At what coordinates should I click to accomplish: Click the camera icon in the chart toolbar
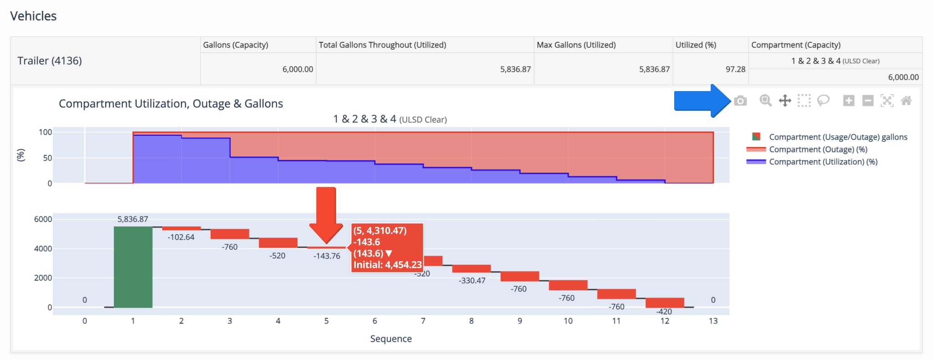(x=740, y=101)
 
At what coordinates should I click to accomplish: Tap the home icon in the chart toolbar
(x=906, y=101)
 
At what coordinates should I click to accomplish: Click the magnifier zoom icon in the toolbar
(x=765, y=101)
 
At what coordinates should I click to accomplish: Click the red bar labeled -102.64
(x=181, y=228)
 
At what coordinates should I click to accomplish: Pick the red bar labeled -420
(x=665, y=303)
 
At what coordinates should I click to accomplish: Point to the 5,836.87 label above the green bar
(x=133, y=219)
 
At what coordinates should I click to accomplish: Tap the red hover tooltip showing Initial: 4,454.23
(x=387, y=247)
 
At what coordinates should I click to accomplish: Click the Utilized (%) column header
(x=696, y=45)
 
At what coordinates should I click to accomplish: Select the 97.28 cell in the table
(x=735, y=69)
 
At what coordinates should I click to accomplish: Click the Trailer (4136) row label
(x=50, y=61)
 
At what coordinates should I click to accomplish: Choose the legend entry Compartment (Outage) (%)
(x=818, y=149)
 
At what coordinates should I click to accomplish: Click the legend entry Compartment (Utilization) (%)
(x=823, y=162)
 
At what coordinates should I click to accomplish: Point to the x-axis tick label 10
(x=568, y=321)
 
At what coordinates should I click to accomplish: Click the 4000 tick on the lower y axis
(x=43, y=249)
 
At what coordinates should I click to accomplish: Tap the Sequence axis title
(x=391, y=339)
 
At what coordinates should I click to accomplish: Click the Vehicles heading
(x=33, y=16)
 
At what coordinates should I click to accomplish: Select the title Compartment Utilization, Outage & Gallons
(x=171, y=103)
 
